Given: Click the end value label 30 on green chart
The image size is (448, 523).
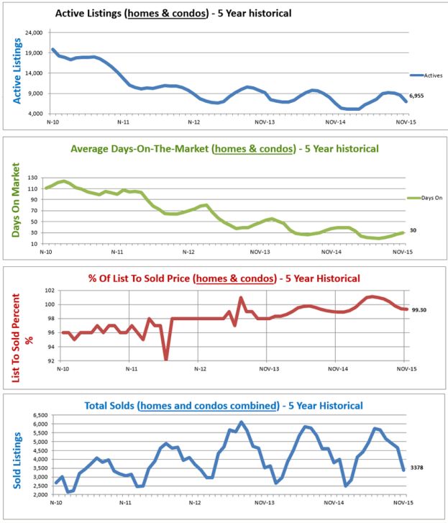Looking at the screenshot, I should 413,230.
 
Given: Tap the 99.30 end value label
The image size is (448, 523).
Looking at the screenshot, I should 419,309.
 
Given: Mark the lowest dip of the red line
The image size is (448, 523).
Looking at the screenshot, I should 166,358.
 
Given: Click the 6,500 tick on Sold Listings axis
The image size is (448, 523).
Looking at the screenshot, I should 37,415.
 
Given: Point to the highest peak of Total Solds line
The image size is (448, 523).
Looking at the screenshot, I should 241,422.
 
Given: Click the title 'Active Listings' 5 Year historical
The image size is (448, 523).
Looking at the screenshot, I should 174,13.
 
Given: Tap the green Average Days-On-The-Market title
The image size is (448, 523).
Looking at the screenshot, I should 224,149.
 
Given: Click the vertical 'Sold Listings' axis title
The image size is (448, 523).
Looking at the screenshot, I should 16,455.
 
